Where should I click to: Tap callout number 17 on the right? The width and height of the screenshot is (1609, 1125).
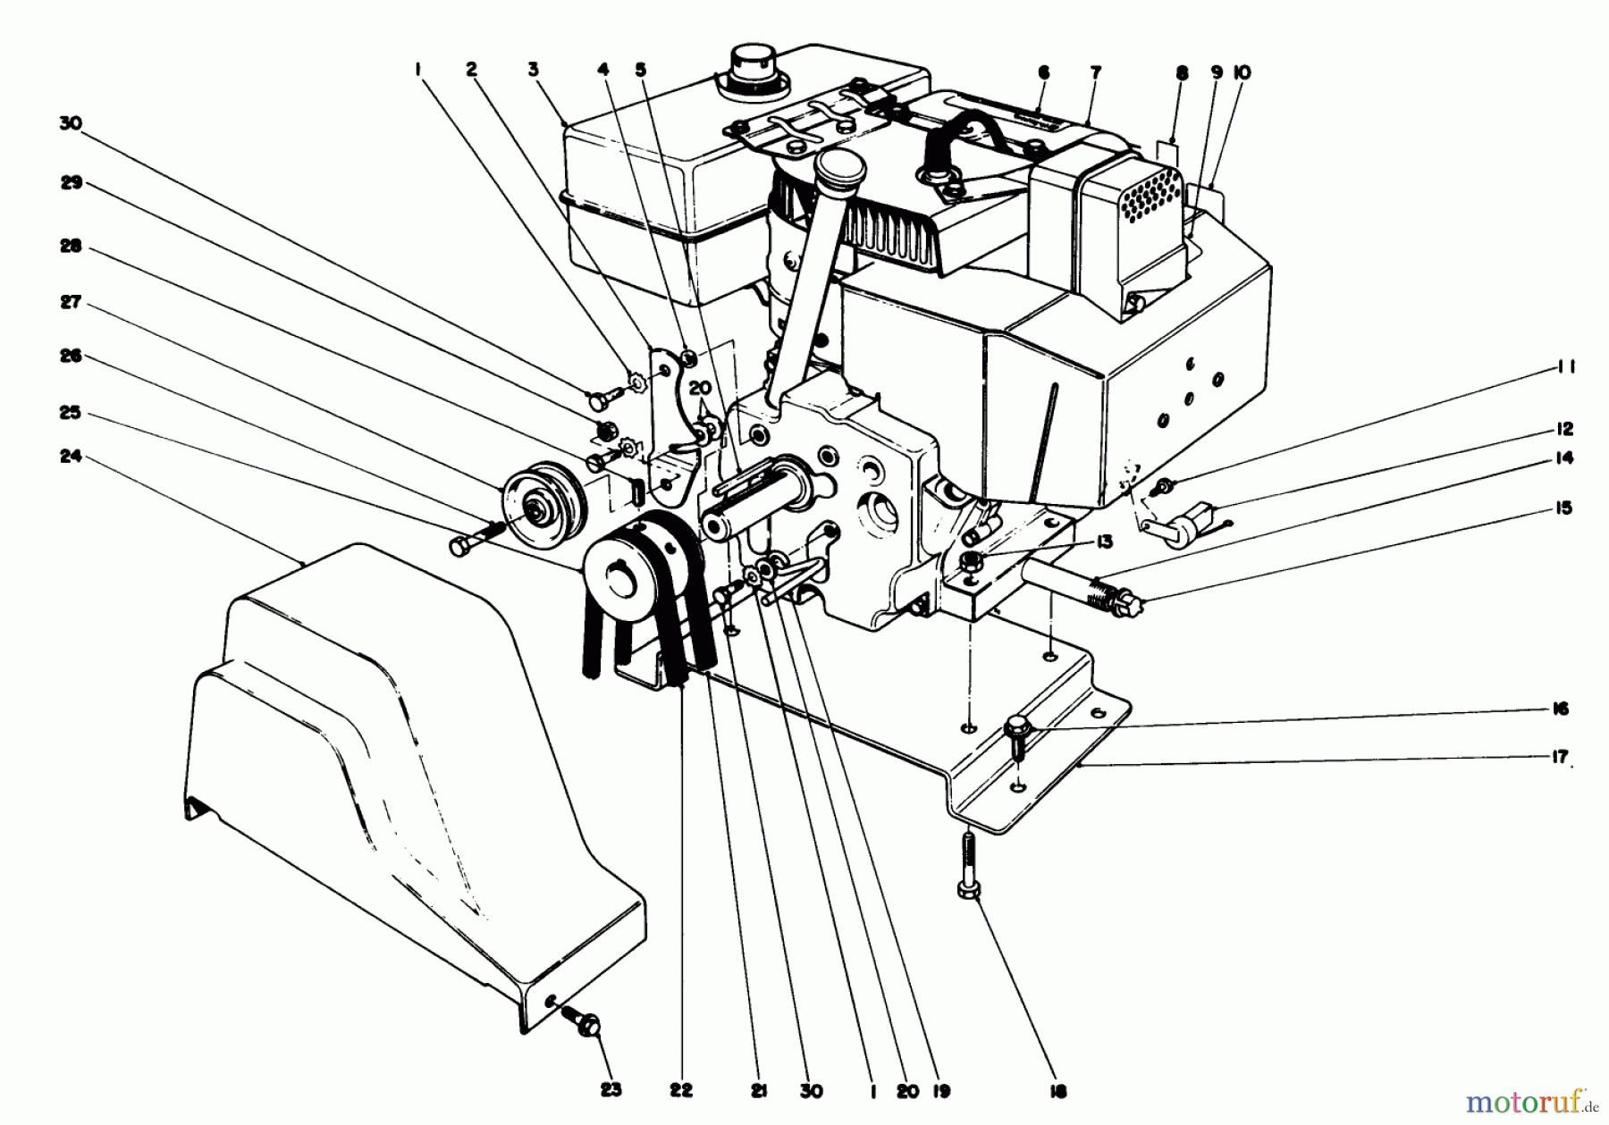1561,758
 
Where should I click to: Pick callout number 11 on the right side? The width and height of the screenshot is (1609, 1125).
1564,367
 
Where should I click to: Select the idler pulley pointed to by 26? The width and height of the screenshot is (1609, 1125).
536,507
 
